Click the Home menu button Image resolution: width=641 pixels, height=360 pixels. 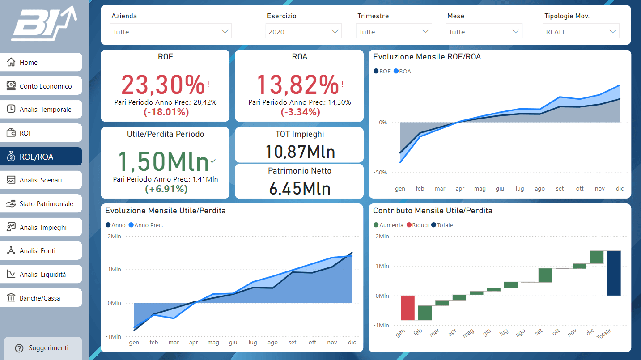pos(41,62)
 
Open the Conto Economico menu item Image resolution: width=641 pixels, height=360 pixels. pos(41,86)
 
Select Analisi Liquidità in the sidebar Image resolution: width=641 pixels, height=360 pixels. pos(41,274)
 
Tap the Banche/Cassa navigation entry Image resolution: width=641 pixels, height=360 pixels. pos(41,298)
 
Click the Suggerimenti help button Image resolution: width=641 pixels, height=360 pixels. pos(42,348)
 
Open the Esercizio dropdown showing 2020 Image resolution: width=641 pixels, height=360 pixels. pos(303,31)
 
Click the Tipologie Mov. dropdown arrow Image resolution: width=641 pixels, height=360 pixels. pos(612,31)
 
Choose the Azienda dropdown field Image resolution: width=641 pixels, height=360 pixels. pos(170,31)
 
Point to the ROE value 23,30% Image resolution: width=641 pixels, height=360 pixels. pos(163,85)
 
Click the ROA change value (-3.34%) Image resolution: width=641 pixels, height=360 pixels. pos(300,112)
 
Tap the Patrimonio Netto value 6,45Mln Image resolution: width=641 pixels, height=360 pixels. pos(300,189)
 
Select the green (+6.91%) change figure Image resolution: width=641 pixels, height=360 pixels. pos(166,189)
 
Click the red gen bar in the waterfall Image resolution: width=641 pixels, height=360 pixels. pos(408,308)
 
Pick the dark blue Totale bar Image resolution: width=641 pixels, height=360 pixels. pos(614,273)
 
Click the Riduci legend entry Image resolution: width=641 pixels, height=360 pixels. pos(417,225)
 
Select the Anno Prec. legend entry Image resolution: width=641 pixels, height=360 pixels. pos(146,225)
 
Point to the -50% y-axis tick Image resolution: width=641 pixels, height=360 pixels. pos(380,173)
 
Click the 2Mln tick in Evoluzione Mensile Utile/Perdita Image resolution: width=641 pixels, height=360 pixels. pos(114,237)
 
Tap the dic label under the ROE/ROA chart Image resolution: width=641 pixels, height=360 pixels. pos(620,189)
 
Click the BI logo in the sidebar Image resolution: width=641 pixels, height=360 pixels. pos(44,23)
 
